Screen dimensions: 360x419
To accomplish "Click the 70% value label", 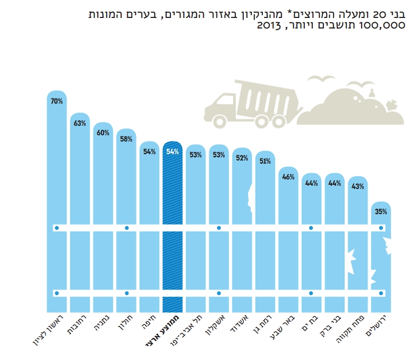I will click(56, 100).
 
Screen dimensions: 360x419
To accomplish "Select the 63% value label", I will click(80, 124).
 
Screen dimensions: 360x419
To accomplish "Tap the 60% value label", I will click(103, 133).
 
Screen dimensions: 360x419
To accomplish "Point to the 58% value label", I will click(126, 139).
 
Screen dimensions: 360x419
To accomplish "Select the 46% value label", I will click(288, 177).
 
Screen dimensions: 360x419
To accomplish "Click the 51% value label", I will click(265, 161).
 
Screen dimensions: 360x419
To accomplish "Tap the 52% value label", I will click(242, 158).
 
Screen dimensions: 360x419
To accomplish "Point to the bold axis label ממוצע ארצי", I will click(167, 333).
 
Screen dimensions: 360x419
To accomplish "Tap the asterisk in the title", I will click(292, 12).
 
